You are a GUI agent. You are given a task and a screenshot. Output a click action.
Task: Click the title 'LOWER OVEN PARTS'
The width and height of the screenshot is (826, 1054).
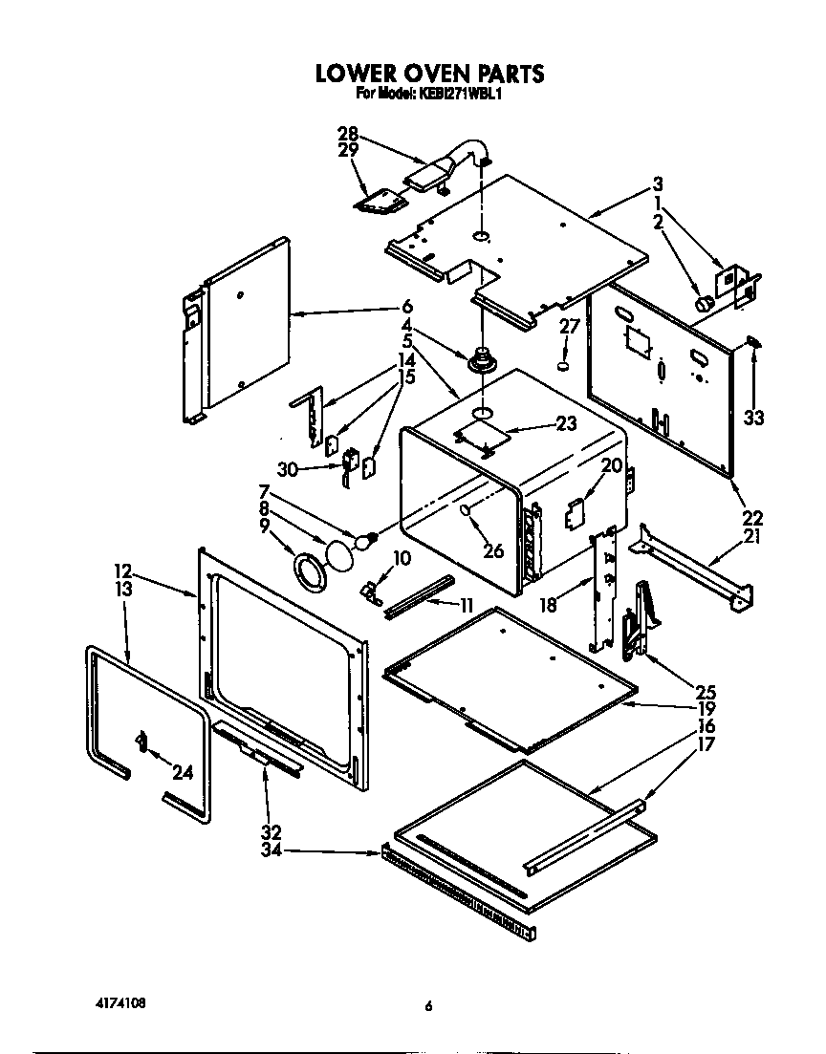tap(429, 73)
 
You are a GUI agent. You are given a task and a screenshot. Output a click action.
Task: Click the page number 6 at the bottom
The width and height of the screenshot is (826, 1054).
tap(429, 1005)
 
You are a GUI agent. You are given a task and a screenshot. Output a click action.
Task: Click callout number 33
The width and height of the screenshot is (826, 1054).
tap(754, 419)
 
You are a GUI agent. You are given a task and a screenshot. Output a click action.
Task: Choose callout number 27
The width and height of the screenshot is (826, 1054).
tap(570, 327)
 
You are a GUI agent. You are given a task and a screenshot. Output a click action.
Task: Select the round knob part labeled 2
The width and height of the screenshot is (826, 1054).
tap(705, 303)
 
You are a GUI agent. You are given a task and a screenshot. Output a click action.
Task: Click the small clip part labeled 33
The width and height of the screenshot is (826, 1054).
tap(752, 340)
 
